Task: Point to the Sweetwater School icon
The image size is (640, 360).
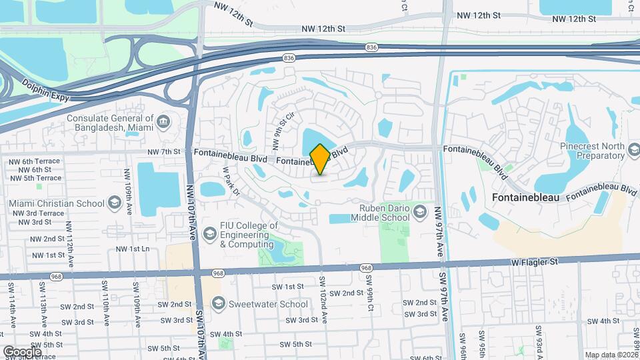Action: point(217,304)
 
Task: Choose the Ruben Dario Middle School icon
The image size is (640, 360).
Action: point(420,213)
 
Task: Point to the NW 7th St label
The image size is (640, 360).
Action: point(167,151)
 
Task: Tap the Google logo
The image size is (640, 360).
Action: point(22,351)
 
